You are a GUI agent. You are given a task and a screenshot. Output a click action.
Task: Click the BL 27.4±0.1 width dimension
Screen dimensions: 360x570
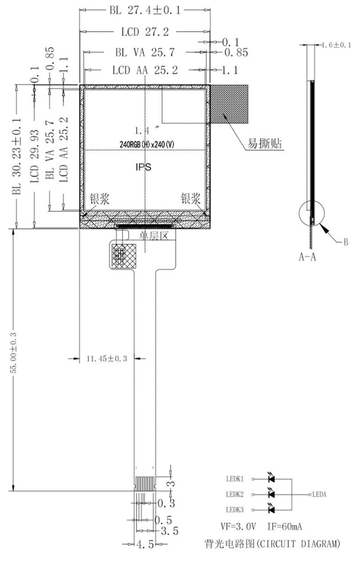pos(144,9)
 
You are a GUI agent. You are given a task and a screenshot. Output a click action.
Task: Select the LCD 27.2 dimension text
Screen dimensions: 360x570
pos(144,32)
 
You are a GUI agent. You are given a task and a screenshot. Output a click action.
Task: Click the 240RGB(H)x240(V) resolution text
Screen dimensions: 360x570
pos(144,143)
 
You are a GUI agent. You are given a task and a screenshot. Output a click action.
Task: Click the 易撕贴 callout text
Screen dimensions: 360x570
pos(264,143)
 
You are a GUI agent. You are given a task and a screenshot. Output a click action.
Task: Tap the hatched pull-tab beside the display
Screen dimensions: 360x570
pos(229,103)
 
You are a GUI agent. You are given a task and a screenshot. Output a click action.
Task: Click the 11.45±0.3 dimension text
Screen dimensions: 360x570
pos(107,358)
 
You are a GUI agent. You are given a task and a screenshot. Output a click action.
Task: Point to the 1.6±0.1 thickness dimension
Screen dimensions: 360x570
pos(336,45)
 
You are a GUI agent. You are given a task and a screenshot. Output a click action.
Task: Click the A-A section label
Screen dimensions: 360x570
pos(307,257)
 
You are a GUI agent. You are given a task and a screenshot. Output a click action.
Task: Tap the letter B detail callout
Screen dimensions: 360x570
pos(345,242)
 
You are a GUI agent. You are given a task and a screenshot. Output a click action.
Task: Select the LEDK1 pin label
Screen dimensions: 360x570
pos(235,478)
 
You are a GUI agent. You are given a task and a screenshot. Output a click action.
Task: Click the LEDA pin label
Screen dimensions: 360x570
pos(320,494)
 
